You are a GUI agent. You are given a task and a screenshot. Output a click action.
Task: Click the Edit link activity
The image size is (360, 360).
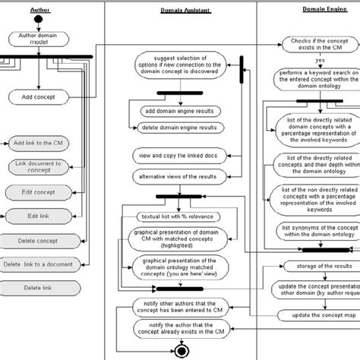[x=33, y=216]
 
